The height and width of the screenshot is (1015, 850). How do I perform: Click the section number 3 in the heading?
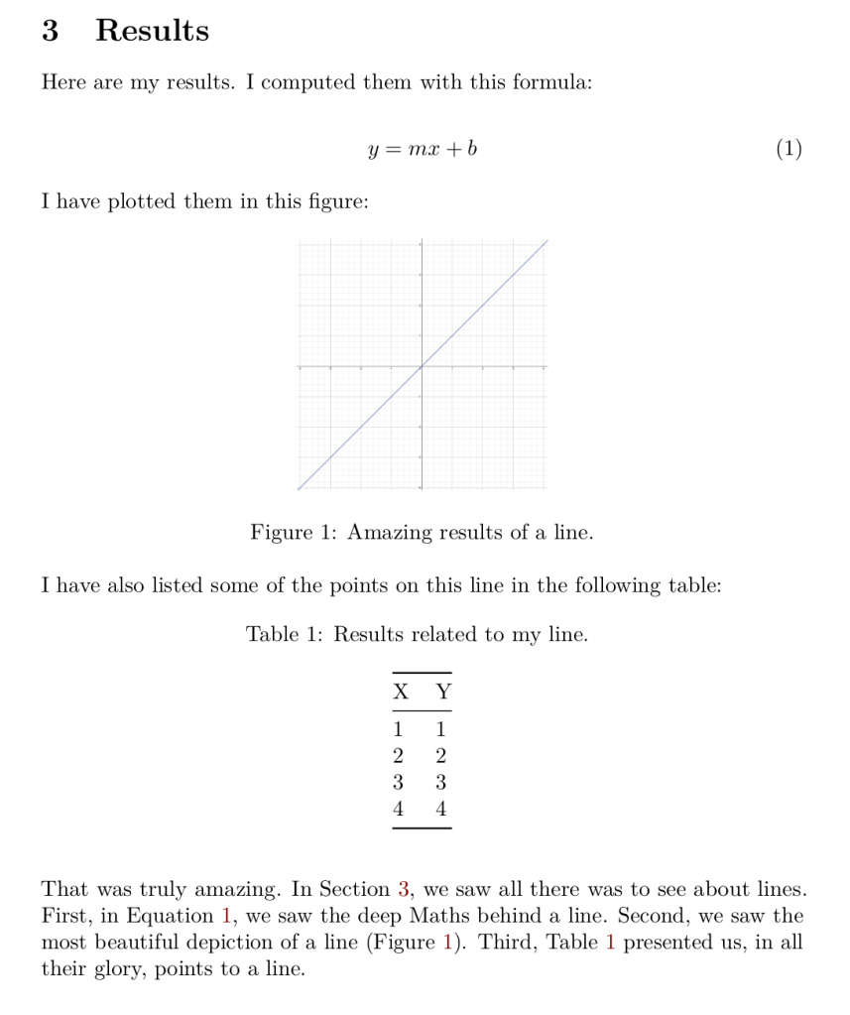point(50,31)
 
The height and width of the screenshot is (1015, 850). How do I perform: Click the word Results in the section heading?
point(152,31)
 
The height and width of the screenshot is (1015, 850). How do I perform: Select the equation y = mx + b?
point(423,150)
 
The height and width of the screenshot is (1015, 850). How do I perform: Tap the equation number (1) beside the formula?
point(788,150)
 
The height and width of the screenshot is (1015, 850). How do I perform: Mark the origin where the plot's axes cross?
point(422,367)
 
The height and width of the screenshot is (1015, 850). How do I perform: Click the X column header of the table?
point(400,693)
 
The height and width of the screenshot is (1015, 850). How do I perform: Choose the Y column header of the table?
point(443,693)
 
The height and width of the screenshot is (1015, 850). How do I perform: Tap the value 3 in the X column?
point(399,783)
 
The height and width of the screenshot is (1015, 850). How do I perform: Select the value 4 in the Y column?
point(441,810)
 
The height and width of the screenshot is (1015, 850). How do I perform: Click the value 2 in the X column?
point(399,757)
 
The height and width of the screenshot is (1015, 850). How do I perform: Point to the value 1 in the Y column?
point(441,731)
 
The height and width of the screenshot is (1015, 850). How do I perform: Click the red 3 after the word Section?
point(404,889)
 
